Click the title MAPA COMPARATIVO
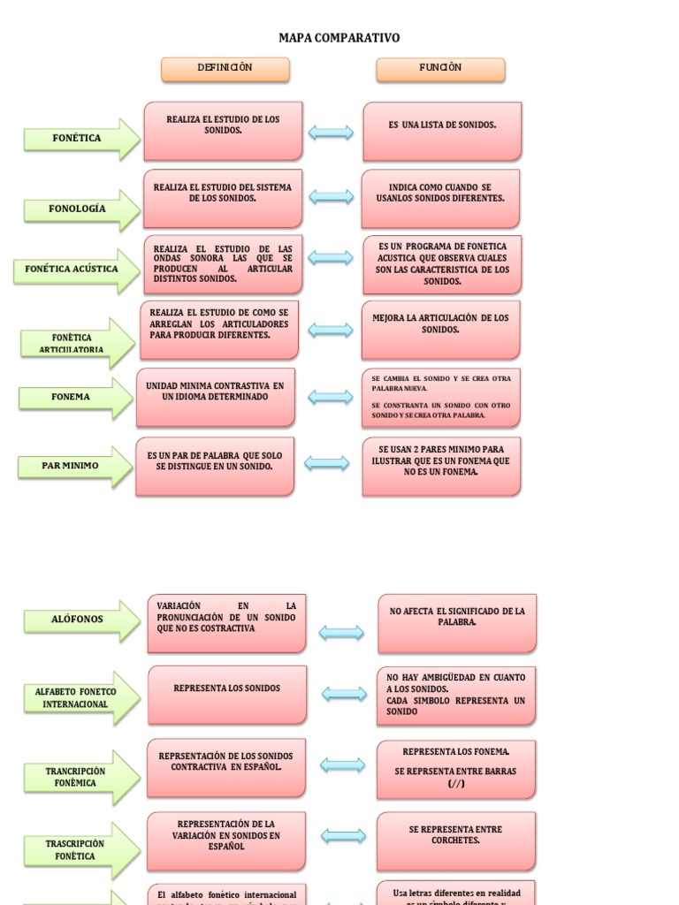pyautogui.click(x=339, y=38)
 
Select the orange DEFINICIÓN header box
pyautogui.click(x=225, y=69)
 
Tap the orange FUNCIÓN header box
pyautogui.click(x=440, y=69)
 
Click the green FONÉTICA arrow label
pyautogui.click(x=80, y=139)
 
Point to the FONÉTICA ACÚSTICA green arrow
pyautogui.click(x=76, y=270)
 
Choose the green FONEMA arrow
pyautogui.click(x=75, y=398)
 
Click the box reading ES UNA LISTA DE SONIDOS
pyautogui.click(x=442, y=130)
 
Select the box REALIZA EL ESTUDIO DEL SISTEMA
pyautogui.click(x=223, y=198)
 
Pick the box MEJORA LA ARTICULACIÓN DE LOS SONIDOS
pyautogui.click(x=440, y=329)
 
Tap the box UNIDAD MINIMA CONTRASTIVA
pyautogui.click(x=216, y=397)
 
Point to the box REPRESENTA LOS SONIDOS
pyautogui.click(x=227, y=695)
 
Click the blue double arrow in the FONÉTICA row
pyautogui.click(x=331, y=133)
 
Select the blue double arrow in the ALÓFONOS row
pyautogui.click(x=341, y=632)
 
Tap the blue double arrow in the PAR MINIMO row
pyautogui.click(x=326, y=463)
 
